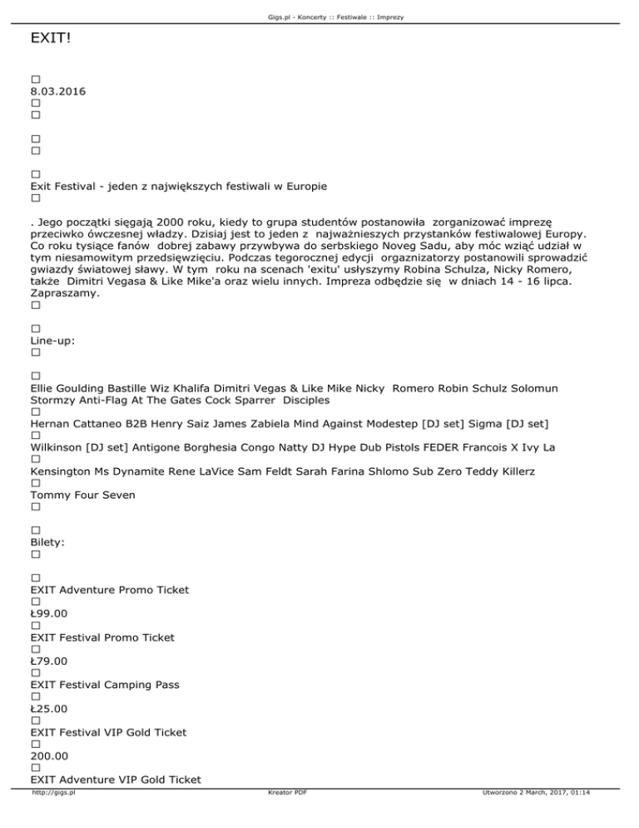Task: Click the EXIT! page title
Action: coord(52,39)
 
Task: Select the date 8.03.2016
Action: coord(57,91)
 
